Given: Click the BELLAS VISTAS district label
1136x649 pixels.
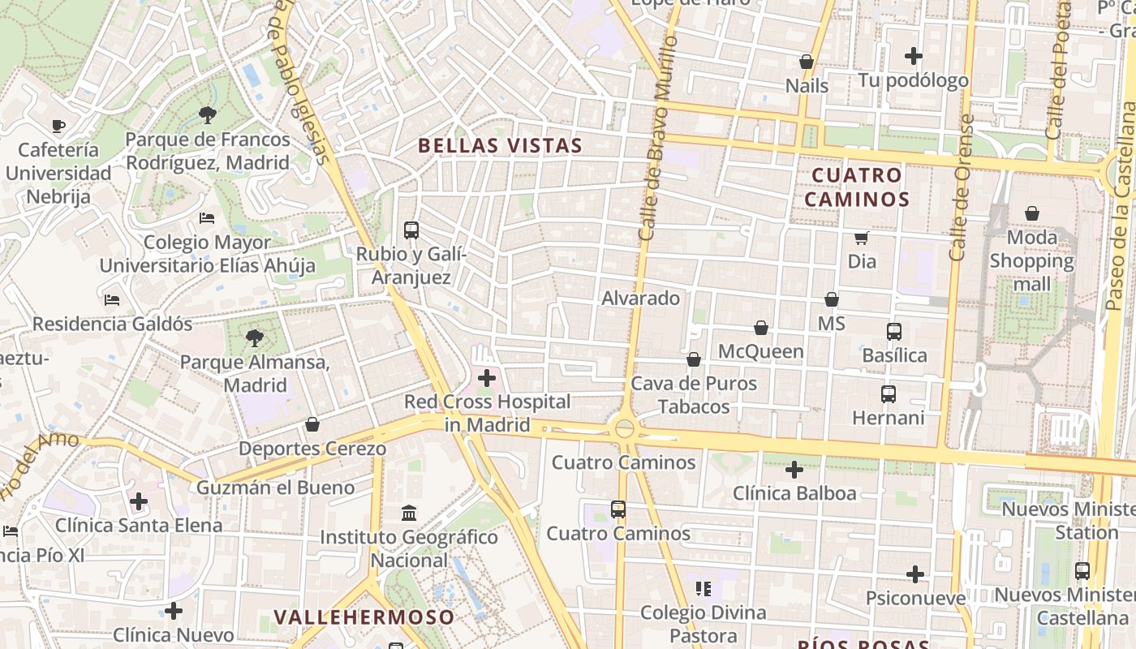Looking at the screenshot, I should [500, 146].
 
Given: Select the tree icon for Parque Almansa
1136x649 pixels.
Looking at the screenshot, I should [255, 337].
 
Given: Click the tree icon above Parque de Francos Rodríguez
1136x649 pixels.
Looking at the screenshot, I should [208, 115].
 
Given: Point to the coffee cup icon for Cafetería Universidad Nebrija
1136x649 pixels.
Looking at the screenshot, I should [58, 126].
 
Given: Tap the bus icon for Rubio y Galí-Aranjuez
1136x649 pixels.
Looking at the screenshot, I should [411, 230].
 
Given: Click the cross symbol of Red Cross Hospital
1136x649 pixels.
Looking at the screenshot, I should [487, 378].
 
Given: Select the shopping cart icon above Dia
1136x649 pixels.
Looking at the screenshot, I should [861, 238].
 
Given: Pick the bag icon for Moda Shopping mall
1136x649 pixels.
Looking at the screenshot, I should [1031, 213].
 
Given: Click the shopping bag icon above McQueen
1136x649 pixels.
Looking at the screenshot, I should [761, 328].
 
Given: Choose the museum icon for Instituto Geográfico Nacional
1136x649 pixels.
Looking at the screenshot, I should [409, 513].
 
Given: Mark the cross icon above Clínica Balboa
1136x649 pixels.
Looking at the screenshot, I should [794, 470].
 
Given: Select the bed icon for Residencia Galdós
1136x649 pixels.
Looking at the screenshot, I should [112, 299].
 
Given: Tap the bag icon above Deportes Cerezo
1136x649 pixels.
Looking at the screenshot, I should [312, 424].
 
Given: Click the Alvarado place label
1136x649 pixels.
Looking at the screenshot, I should [640, 299].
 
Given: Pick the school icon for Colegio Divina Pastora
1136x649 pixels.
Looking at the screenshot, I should [703, 588].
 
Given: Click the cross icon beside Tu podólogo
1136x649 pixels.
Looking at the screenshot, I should [914, 56].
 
